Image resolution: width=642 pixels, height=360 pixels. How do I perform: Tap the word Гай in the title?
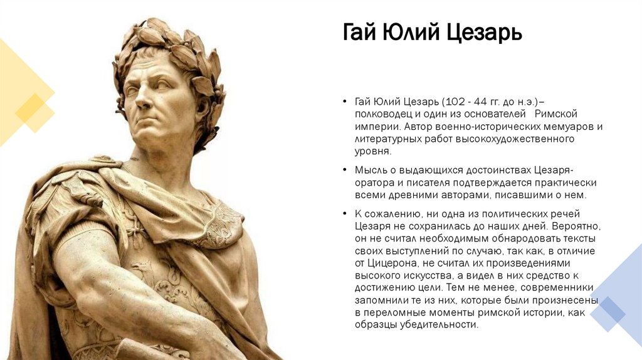(x=360, y=31)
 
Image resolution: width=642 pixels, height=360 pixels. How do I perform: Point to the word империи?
(x=373, y=126)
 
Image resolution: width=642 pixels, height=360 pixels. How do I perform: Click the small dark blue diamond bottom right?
(x=608, y=311)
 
